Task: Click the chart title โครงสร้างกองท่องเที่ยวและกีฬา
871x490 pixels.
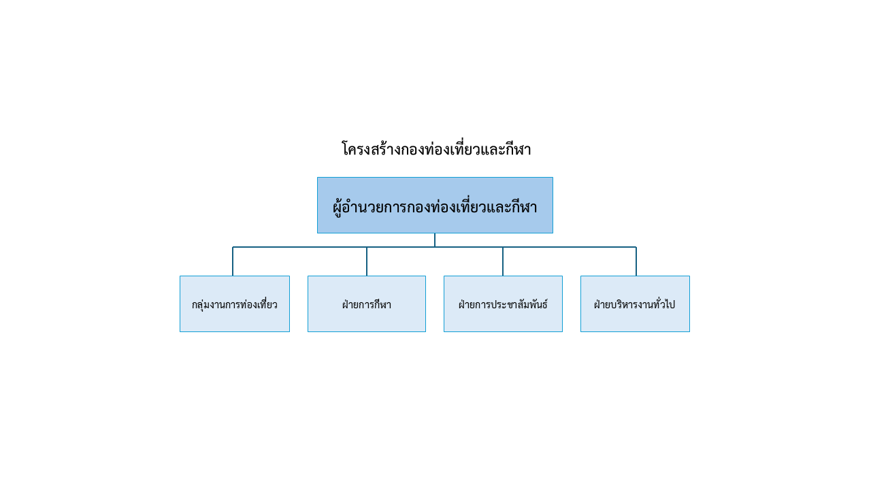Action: tap(436, 149)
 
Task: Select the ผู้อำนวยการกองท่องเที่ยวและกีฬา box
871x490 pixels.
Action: tap(435, 206)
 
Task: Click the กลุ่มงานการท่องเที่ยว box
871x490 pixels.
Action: tap(235, 304)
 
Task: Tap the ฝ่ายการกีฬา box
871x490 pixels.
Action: tap(367, 304)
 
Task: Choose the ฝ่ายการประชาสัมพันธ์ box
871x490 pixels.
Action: tap(503, 304)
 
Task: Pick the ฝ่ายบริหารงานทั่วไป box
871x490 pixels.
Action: tap(635, 304)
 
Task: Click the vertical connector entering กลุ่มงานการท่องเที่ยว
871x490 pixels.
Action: tap(233, 261)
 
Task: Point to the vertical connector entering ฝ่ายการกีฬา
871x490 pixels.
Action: tap(367, 261)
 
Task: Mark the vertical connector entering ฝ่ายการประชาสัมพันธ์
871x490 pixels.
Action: tap(503, 261)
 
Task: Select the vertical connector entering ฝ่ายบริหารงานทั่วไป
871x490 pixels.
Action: tap(636, 261)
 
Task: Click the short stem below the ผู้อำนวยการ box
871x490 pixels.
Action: tap(435, 240)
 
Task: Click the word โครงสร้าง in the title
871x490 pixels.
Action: tap(371, 149)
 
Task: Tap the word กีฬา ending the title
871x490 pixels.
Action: tap(518, 149)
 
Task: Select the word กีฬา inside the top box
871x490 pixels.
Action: tap(524, 206)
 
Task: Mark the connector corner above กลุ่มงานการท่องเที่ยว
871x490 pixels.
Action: tap(233, 247)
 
